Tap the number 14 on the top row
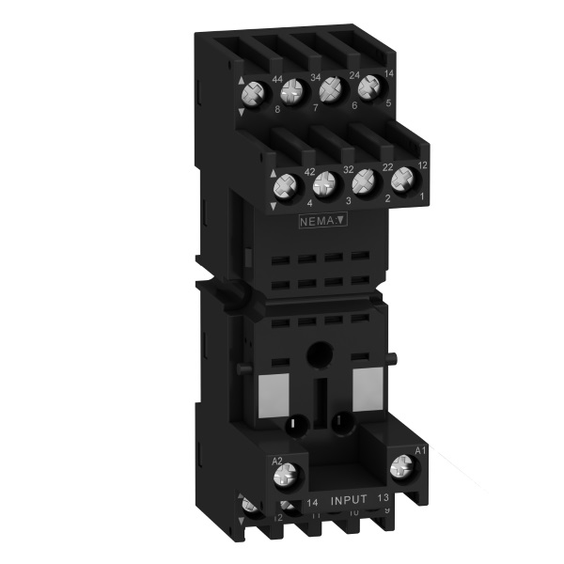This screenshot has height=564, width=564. (x=390, y=71)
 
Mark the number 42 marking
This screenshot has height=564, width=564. (x=309, y=172)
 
